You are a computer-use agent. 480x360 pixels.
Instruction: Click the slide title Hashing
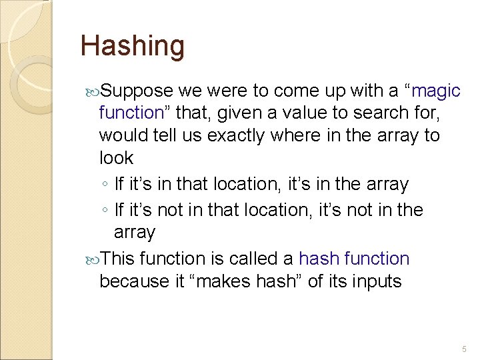(x=132, y=46)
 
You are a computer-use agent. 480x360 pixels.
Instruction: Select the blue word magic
(x=437, y=91)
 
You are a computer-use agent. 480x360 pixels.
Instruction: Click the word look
(x=116, y=158)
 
